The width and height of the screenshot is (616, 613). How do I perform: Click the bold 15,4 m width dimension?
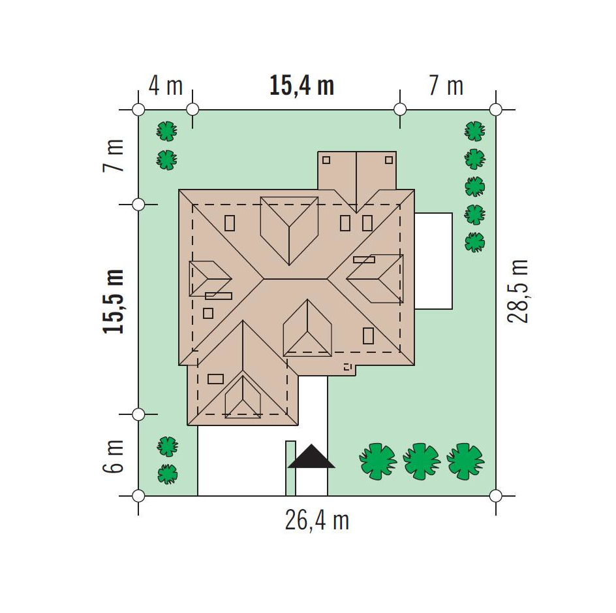click(301, 86)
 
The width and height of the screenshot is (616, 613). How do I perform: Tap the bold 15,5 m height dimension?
click(113, 302)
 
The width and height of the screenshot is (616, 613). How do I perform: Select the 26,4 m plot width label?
click(317, 521)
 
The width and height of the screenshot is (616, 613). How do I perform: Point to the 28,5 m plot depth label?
click(517, 291)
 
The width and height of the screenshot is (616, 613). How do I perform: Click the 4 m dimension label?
click(165, 86)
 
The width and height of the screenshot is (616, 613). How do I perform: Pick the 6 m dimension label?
click(113, 456)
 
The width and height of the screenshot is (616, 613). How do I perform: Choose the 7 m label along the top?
click(446, 86)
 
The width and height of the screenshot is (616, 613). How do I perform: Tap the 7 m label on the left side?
click(113, 156)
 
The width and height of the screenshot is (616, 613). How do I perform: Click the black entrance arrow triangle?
click(311, 456)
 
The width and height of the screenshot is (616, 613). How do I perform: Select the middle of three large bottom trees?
click(422, 461)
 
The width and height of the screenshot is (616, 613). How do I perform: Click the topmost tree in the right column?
click(475, 131)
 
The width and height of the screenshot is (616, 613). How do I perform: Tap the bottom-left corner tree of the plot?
click(168, 474)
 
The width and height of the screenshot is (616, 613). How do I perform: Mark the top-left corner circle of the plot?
click(138, 110)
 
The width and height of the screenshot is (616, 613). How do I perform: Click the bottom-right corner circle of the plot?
click(496, 496)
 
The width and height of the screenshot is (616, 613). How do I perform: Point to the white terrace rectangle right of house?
click(434, 261)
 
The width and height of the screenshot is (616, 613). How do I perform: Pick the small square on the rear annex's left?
click(326, 160)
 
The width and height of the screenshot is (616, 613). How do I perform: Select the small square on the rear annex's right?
click(389, 160)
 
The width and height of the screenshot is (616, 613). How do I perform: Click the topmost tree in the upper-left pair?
click(167, 131)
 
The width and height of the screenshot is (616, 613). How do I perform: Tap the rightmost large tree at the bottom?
click(465, 461)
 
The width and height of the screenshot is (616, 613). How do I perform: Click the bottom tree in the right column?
click(475, 242)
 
